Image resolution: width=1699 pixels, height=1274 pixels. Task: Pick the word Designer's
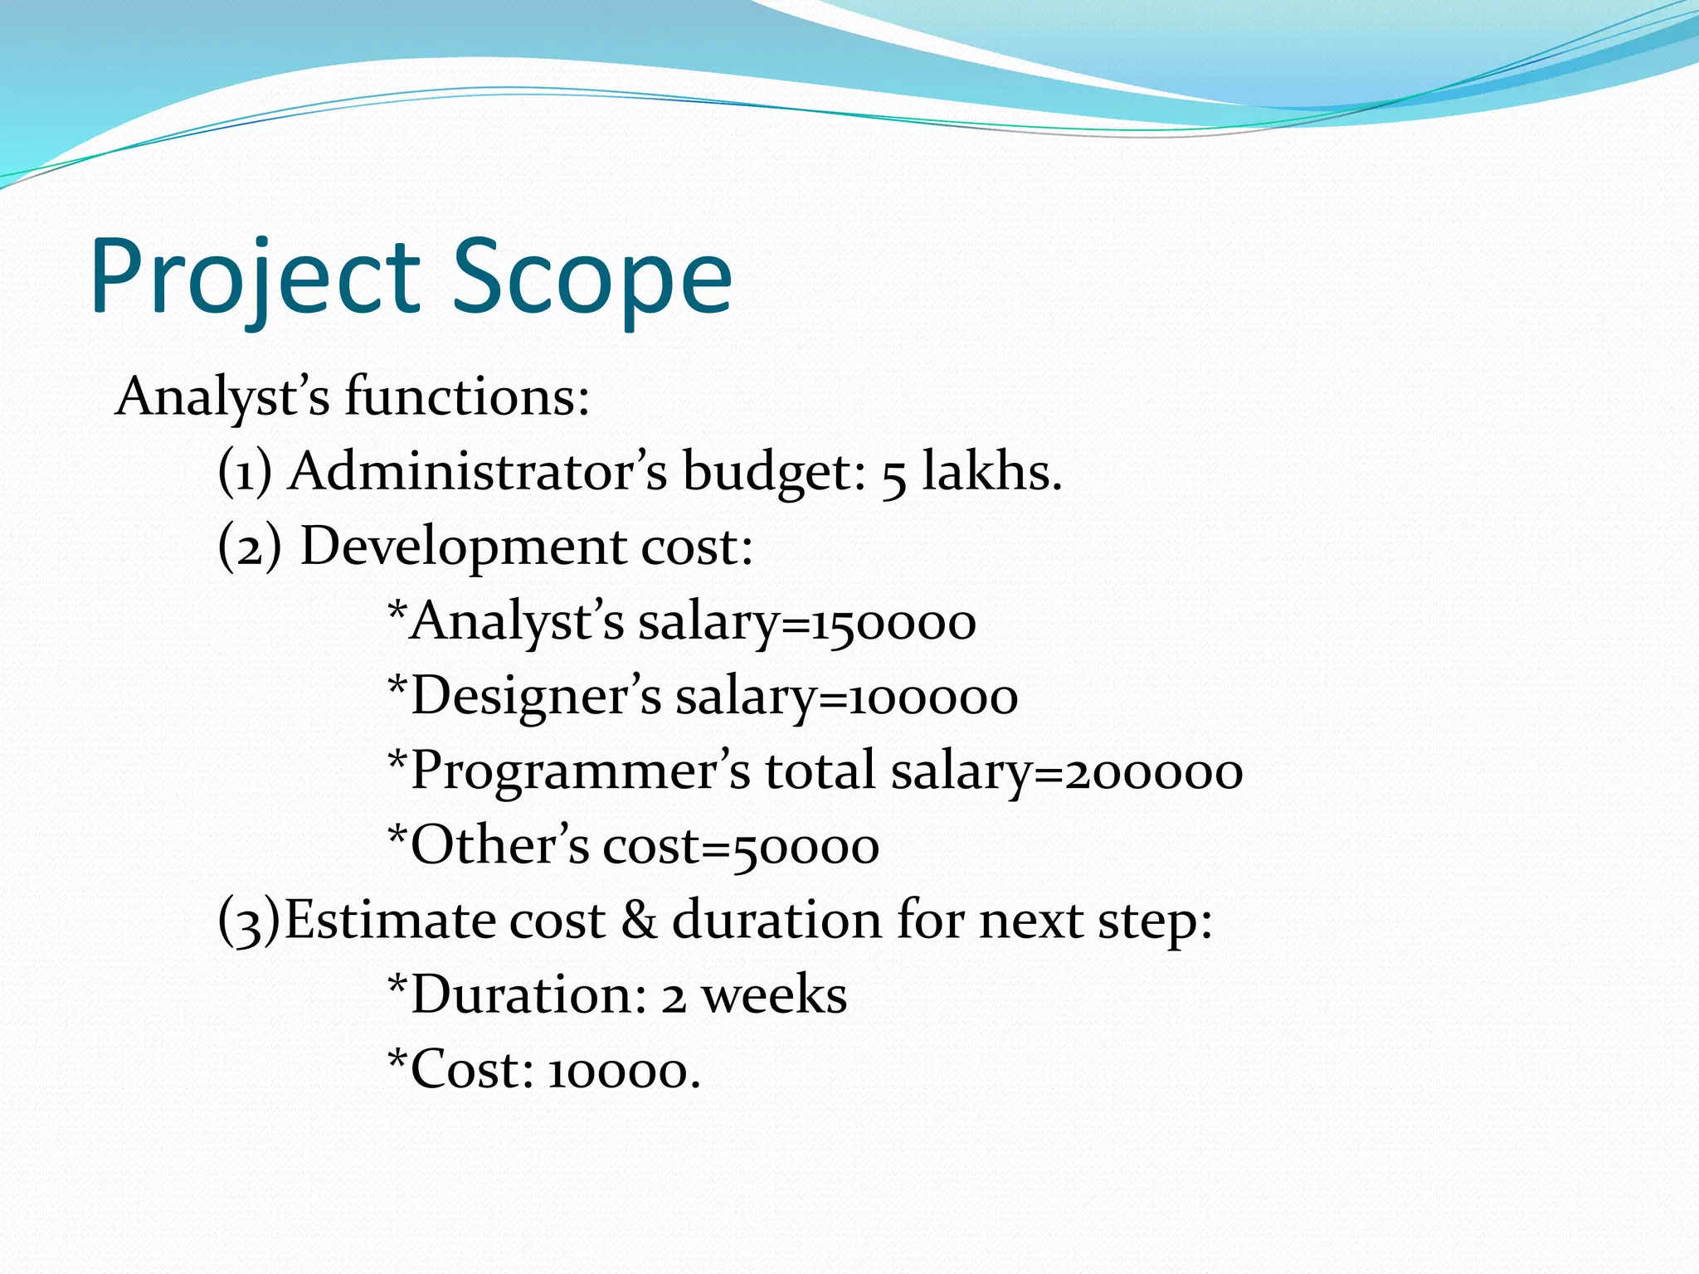(x=535, y=697)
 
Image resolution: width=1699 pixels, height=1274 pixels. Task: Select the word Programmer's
(x=580, y=771)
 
